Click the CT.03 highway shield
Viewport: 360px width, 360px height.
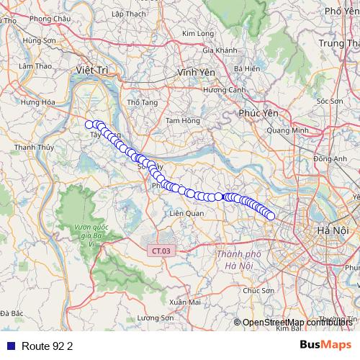click(162, 251)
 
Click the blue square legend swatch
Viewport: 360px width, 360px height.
click(10, 346)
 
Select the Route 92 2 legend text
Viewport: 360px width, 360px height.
click(48, 346)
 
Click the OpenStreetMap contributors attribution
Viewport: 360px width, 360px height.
click(297, 323)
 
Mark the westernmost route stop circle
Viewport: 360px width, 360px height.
click(89, 125)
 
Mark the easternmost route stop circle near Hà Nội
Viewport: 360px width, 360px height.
click(271, 215)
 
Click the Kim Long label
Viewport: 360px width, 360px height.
click(199, 33)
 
